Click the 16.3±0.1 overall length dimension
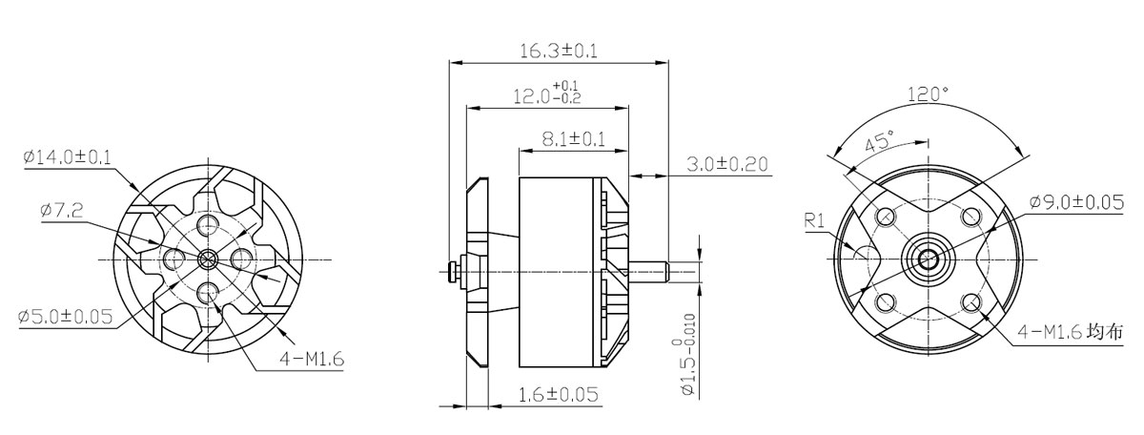coord(559,52)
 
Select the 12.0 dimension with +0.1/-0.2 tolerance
coord(547,93)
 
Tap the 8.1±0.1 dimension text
coord(574,139)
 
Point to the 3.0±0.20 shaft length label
coord(726,164)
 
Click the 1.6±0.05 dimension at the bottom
coord(559,394)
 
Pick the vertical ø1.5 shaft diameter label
coord(689,354)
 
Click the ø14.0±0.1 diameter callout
coord(67,157)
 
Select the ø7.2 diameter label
coord(62,210)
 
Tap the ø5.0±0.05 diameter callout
coord(65,317)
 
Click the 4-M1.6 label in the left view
coord(312,360)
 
